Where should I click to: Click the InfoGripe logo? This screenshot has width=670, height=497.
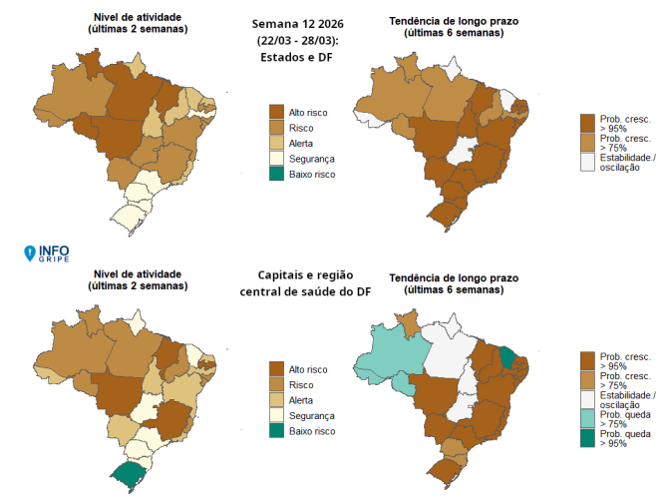[47, 253]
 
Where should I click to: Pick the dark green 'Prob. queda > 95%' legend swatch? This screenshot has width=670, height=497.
[588, 440]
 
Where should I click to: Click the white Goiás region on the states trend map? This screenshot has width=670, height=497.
[462, 153]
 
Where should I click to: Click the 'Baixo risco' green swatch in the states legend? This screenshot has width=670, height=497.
[277, 174]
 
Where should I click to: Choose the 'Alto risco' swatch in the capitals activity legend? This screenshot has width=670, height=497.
[277, 369]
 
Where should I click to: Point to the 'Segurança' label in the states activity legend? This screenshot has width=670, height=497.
[311, 159]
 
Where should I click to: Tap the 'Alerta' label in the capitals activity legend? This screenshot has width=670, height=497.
[303, 400]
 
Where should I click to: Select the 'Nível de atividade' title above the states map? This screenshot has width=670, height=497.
[137, 18]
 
